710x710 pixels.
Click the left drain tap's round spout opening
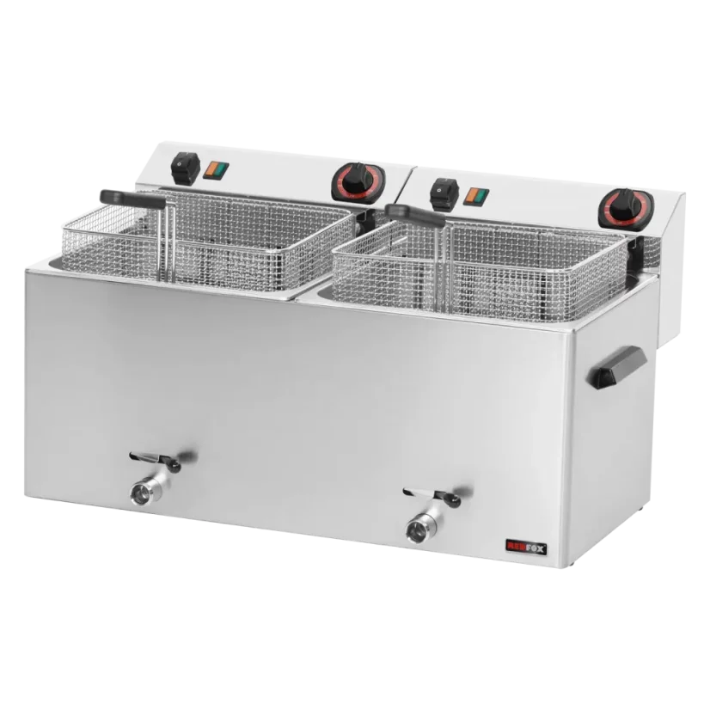point(139,493)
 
